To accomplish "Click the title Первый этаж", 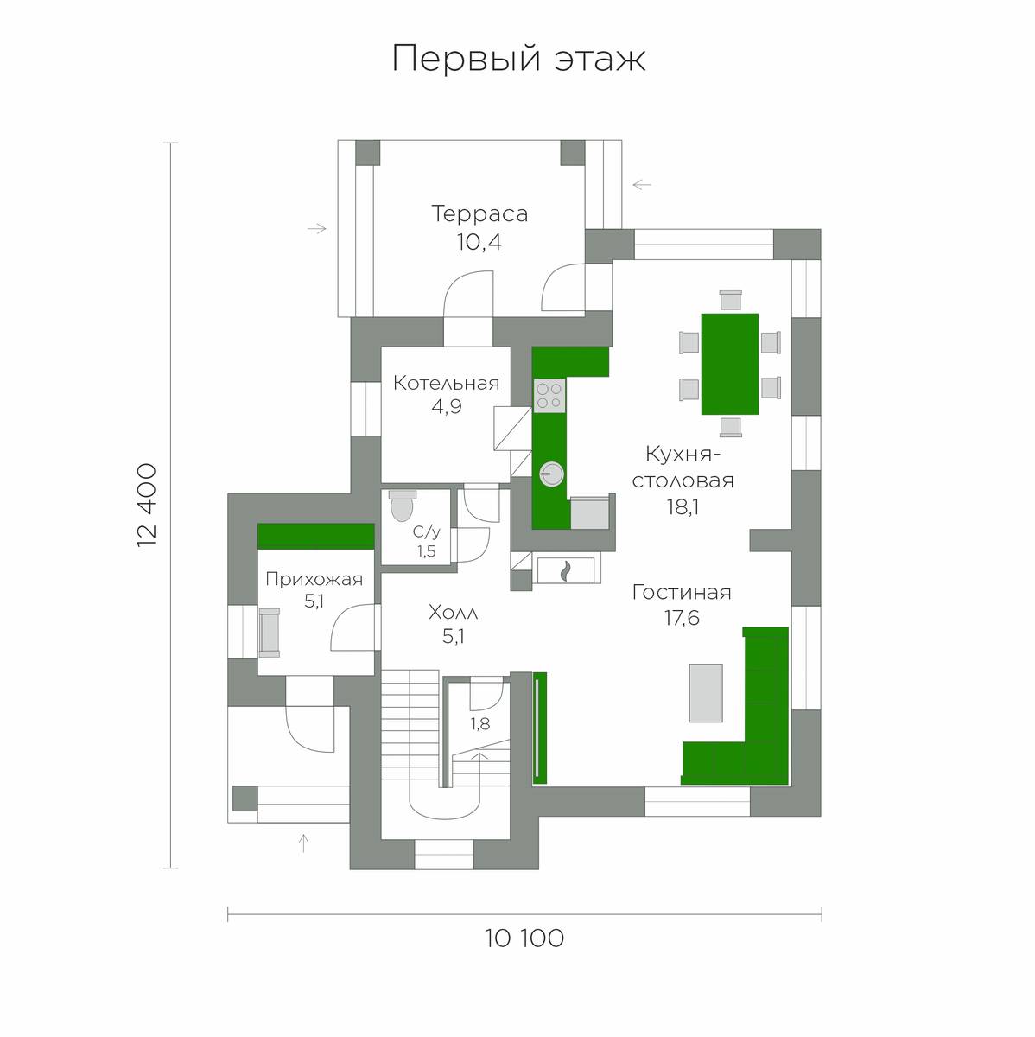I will pyautogui.click(x=518, y=59).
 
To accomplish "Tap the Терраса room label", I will pyautogui.click(x=479, y=213).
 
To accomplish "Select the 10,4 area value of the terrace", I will pyautogui.click(x=479, y=242).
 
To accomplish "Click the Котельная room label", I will pyautogui.click(x=446, y=383).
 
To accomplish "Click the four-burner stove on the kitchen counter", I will pyautogui.click(x=549, y=396).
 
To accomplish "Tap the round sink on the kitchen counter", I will pyautogui.click(x=550, y=473).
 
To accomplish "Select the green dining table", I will pyautogui.click(x=730, y=364).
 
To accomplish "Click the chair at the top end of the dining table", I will pyautogui.click(x=730, y=300).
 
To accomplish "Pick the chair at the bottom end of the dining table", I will pyautogui.click(x=730, y=426).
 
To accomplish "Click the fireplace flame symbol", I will pyautogui.click(x=566, y=570).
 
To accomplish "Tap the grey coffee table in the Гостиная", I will pyautogui.click(x=705, y=692).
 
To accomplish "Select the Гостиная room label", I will pyautogui.click(x=682, y=593).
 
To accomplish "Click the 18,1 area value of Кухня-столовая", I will pyautogui.click(x=682, y=507).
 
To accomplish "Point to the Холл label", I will pyautogui.click(x=453, y=614).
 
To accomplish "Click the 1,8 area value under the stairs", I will pyautogui.click(x=479, y=724).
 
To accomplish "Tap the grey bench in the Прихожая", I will pyautogui.click(x=270, y=632).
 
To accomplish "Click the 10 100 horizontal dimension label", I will pyautogui.click(x=524, y=938).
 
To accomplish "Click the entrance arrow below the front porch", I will pyautogui.click(x=303, y=843).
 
